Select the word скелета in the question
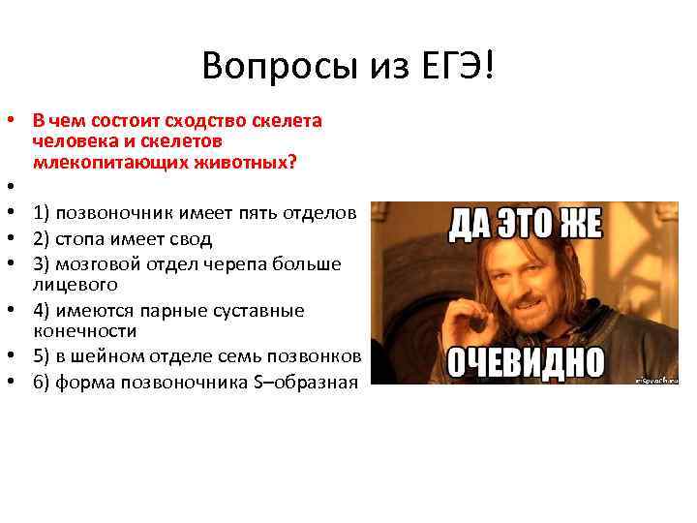[x=290, y=122]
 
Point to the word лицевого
[x=74, y=284]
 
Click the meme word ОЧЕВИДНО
[x=524, y=362]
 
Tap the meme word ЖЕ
[x=578, y=226]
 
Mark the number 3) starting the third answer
[x=41, y=264]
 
